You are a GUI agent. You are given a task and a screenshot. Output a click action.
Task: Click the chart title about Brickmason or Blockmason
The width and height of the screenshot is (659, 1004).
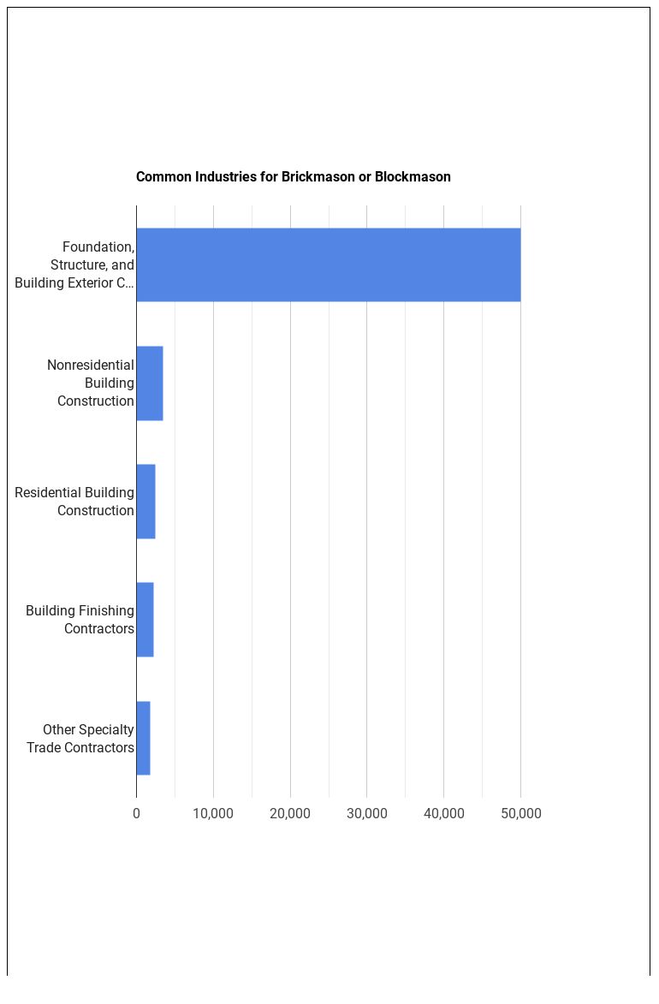(x=293, y=177)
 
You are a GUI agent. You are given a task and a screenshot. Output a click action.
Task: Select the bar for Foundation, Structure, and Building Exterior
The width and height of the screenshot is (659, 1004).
(x=328, y=264)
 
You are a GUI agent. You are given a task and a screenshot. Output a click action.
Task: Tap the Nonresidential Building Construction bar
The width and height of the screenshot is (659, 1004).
(x=150, y=383)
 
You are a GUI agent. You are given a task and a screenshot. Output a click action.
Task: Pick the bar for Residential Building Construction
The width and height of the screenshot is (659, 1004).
(x=145, y=502)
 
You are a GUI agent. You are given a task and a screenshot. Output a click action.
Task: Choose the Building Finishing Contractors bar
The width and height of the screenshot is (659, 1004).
(x=145, y=620)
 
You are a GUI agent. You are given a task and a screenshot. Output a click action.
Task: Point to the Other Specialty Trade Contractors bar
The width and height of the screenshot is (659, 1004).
(x=143, y=738)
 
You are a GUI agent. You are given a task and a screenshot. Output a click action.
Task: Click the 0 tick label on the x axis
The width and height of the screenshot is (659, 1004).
(x=136, y=813)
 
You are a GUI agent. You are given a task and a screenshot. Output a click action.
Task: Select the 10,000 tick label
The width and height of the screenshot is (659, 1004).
(x=213, y=813)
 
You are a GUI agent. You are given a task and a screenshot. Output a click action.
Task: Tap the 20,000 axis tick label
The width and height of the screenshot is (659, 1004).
(x=290, y=813)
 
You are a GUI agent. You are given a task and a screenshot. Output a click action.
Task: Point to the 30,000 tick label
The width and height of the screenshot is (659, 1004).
(x=366, y=813)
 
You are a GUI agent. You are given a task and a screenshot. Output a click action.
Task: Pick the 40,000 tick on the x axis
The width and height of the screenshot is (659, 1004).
(x=443, y=813)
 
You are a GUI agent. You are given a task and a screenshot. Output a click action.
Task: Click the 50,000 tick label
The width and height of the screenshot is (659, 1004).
(x=520, y=813)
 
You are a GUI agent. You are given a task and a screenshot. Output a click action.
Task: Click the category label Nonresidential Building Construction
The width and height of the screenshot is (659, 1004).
(x=91, y=383)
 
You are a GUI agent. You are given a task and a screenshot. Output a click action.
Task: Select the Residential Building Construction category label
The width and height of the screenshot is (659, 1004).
(x=74, y=502)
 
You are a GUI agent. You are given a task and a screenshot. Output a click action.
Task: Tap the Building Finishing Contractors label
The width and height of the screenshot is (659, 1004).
(x=80, y=620)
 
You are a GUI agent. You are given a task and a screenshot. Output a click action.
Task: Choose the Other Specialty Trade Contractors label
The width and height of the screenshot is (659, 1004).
(x=80, y=738)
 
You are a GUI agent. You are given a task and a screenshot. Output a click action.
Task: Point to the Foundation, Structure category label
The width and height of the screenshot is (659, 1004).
(x=75, y=264)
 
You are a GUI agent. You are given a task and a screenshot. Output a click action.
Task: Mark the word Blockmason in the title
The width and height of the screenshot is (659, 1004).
(x=413, y=177)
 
